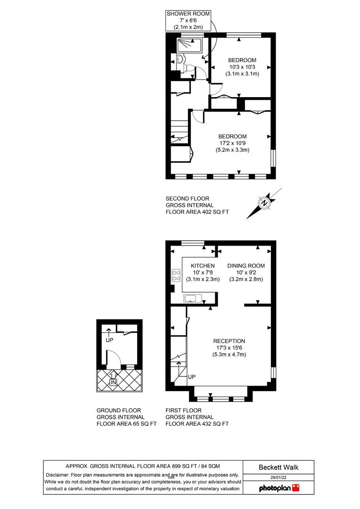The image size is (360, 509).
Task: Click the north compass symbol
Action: [x=264, y=203]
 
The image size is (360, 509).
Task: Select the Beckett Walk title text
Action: [x=278, y=468]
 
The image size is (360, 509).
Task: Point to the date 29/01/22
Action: [x=278, y=478]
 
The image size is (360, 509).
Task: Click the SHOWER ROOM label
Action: [x=188, y=14]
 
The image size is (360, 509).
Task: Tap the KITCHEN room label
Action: [x=203, y=266]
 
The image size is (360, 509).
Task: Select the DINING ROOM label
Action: [x=246, y=266]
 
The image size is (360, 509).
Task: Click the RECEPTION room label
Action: [x=229, y=341]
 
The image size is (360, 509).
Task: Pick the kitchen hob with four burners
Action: [x=176, y=275]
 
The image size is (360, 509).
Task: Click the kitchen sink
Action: [x=193, y=298]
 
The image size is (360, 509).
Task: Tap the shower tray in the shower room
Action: [x=189, y=45]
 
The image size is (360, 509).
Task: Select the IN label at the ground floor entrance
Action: [x=113, y=382]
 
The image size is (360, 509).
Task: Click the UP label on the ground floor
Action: [x=109, y=340]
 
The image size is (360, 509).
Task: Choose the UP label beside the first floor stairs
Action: [x=192, y=377]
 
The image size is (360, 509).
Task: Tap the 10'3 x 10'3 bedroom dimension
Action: [x=242, y=67]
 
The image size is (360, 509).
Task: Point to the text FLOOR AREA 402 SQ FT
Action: [x=197, y=212]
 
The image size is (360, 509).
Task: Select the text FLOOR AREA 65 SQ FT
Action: [x=126, y=424]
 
